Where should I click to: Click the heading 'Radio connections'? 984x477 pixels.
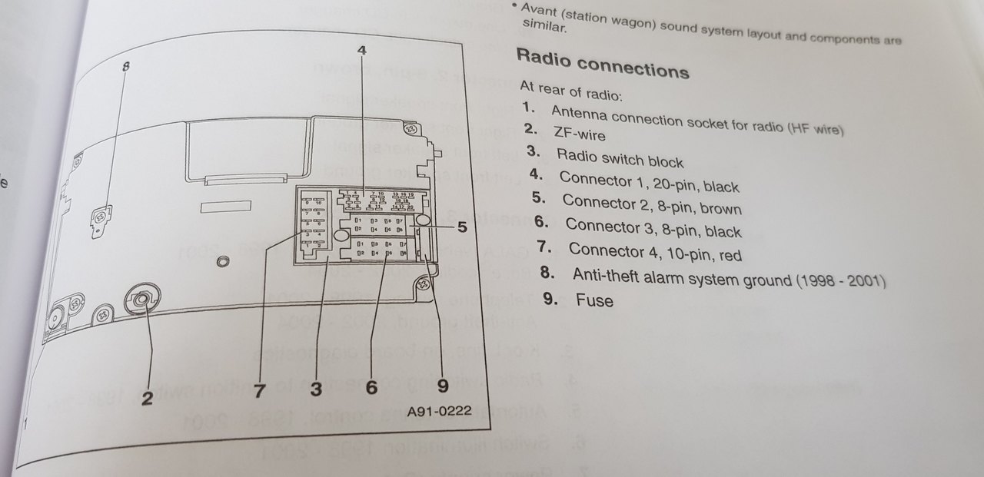coord(602,63)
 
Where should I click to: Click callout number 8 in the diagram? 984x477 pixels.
coord(126,67)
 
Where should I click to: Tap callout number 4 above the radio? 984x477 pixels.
coord(362,51)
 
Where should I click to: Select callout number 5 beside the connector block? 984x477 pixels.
coord(461,227)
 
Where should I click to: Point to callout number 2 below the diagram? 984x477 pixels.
coord(148,398)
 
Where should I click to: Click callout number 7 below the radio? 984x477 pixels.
coord(259,390)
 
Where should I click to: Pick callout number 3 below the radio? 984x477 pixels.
coord(316,389)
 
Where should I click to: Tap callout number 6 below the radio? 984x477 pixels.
coord(372,388)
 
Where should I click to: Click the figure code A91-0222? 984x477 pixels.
coord(438,411)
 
